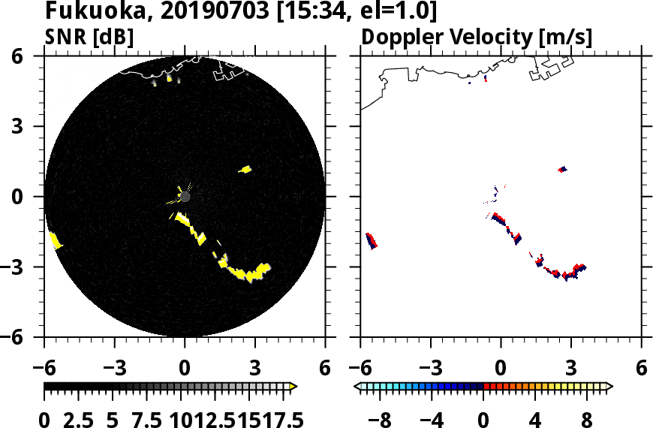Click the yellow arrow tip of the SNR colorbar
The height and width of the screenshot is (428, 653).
[x=293, y=387]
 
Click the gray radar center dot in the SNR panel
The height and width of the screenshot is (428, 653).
[x=185, y=197]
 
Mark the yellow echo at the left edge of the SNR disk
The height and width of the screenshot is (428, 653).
[x=56, y=241]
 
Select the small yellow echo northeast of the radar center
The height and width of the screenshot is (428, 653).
[x=245, y=170]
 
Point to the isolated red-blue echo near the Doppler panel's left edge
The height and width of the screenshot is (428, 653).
[x=372, y=240]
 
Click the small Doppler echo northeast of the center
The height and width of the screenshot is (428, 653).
[x=562, y=170]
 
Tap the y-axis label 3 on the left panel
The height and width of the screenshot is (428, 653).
[x=35, y=127]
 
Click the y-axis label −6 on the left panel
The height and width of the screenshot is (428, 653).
[x=29, y=338]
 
